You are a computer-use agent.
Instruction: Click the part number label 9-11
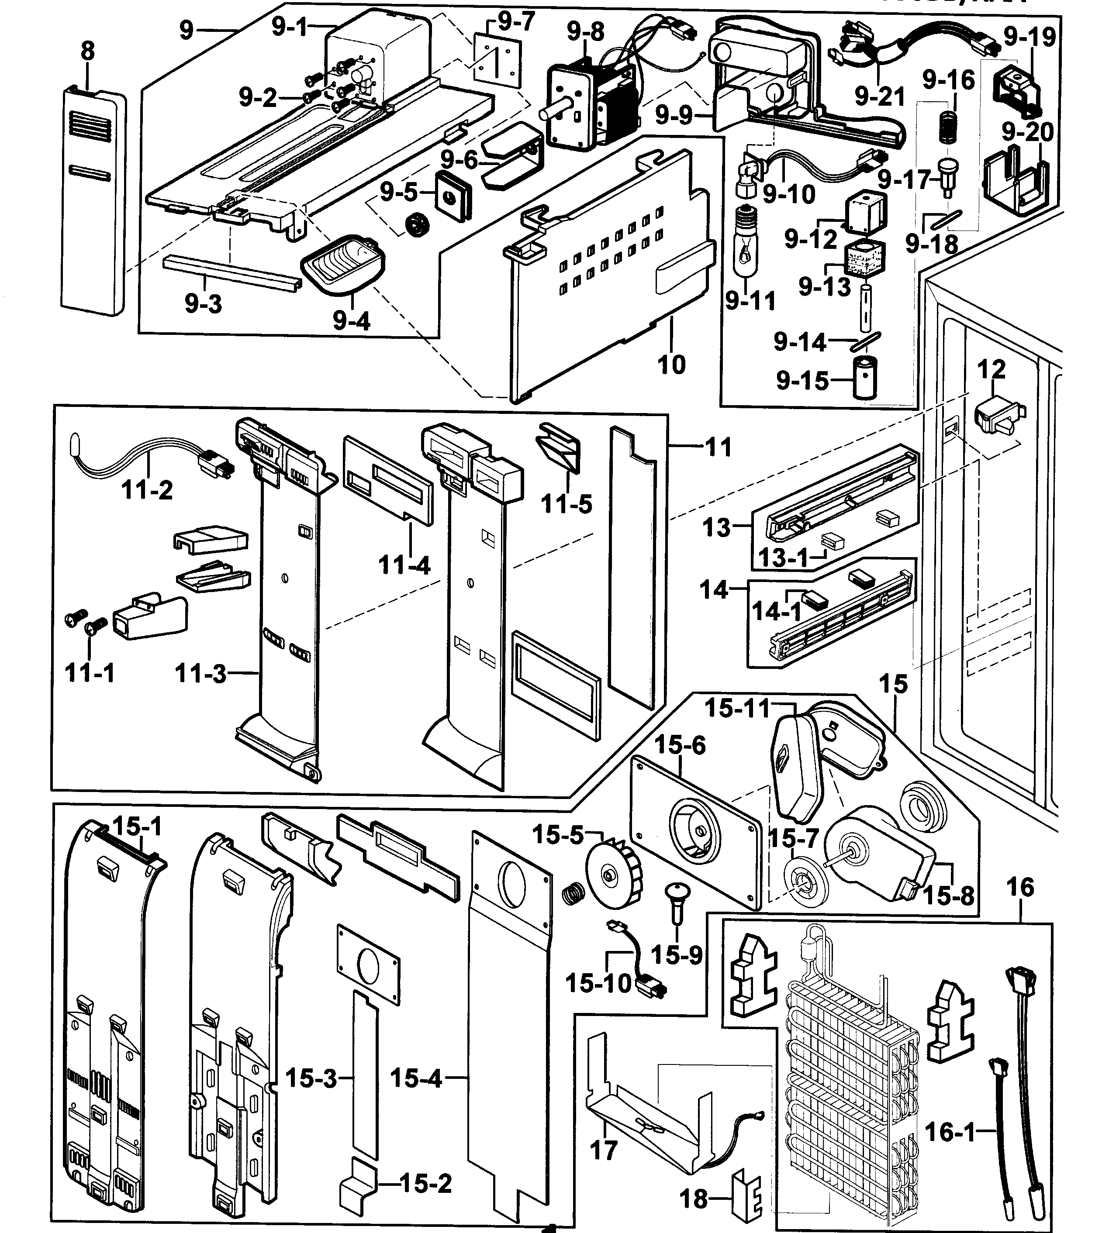click(x=750, y=301)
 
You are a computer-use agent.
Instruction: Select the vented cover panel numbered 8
click(x=93, y=201)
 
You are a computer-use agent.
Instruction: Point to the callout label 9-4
click(x=352, y=320)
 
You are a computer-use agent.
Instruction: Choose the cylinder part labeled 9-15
click(x=865, y=378)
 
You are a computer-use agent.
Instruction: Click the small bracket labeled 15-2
click(x=358, y=1183)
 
